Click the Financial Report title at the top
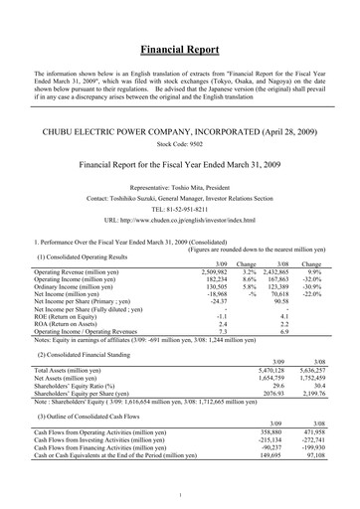click(180, 48)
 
